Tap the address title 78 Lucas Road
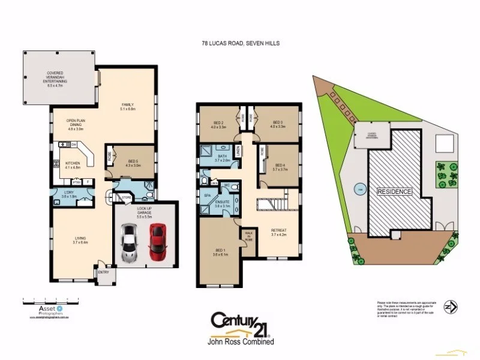coord(240,43)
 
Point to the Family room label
coord(128,106)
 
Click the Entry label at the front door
coord(103,272)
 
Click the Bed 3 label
coord(277,124)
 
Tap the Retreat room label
coord(278,232)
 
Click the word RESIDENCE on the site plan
coord(394,191)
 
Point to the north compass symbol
coord(448,307)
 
